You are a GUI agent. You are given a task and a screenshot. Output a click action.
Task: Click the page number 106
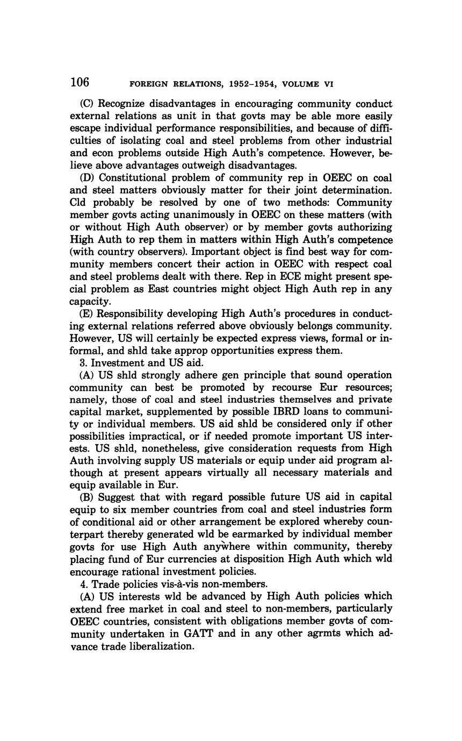click(80, 82)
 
